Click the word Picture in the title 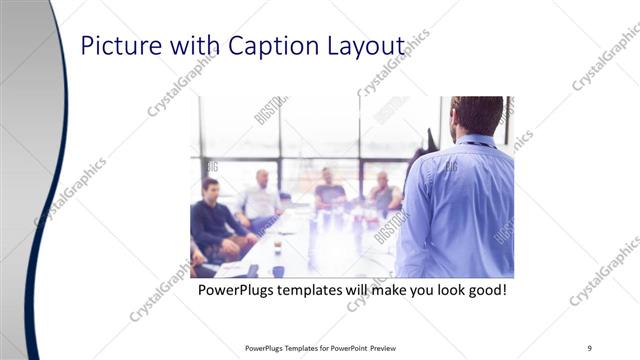113,46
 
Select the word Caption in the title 268,46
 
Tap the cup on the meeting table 278,270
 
